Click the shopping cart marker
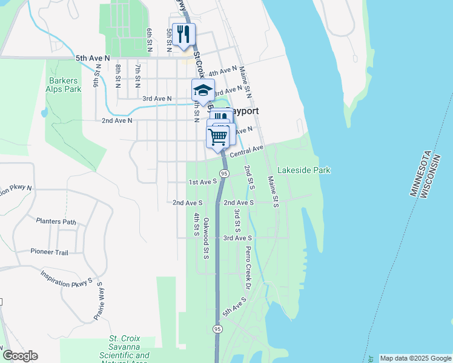tap(217, 136)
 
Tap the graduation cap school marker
tap(203, 91)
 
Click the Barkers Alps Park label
tap(64, 84)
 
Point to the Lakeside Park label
tap(303, 171)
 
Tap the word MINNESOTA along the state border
tap(422, 173)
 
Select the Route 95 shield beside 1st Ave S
tap(224, 174)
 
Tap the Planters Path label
tap(56, 221)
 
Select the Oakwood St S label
tap(207, 238)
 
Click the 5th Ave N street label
tap(93, 58)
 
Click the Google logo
tap(20, 356)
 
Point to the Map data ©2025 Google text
tap(415, 358)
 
